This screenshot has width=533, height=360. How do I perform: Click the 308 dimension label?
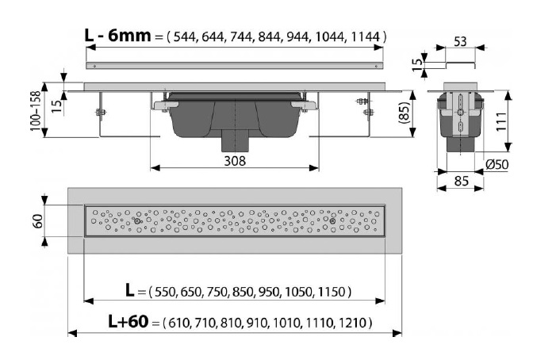(235, 161)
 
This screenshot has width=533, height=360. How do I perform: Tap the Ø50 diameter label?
(497, 164)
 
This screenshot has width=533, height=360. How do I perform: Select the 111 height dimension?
(501, 121)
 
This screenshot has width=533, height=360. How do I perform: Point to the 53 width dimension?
(460, 42)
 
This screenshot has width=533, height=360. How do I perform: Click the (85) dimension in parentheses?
(405, 113)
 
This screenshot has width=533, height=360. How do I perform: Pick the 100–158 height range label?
(36, 111)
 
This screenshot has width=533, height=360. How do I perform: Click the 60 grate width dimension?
(37, 221)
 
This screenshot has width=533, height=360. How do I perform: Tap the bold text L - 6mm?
(117, 36)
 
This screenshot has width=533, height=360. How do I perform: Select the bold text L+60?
(128, 321)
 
